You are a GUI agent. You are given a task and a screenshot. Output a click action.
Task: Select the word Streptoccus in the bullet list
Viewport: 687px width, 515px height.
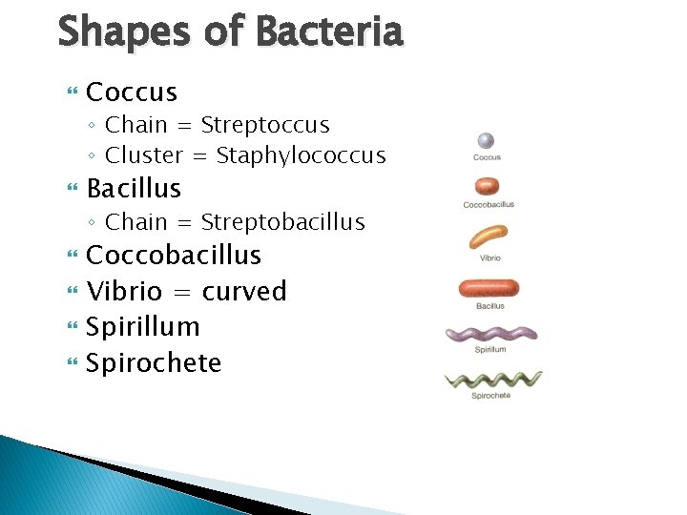click(265, 125)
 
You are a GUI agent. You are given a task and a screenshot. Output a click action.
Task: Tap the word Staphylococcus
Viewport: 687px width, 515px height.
click(301, 155)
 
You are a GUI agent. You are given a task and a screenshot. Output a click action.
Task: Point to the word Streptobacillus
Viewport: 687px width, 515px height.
click(282, 222)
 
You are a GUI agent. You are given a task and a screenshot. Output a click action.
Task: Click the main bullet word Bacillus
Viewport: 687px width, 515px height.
click(133, 188)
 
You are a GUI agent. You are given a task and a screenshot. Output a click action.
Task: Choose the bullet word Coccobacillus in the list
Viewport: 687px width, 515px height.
click(173, 256)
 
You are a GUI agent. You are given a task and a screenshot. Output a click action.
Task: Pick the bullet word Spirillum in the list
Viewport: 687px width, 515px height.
click(142, 327)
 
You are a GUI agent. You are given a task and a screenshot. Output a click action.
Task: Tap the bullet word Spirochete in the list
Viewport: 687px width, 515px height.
click(153, 363)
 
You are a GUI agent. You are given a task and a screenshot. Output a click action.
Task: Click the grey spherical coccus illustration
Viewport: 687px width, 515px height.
click(487, 140)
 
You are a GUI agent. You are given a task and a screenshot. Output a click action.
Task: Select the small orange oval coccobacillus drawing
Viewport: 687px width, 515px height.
click(488, 187)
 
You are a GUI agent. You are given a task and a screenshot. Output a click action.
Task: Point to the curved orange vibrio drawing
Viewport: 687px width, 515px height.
click(489, 236)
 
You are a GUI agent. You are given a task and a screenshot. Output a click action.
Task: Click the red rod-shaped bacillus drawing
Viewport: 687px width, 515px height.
click(489, 287)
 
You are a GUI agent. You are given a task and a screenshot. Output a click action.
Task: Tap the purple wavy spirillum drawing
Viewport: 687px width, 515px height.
click(491, 335)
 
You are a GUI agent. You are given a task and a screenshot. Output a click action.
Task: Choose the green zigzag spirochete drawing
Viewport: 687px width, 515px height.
click(492, 381)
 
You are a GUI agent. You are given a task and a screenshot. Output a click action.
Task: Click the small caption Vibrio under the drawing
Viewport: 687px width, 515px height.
click(489, 258)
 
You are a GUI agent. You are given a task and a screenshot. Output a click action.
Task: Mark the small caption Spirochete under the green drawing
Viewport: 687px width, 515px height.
click(490, 396)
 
